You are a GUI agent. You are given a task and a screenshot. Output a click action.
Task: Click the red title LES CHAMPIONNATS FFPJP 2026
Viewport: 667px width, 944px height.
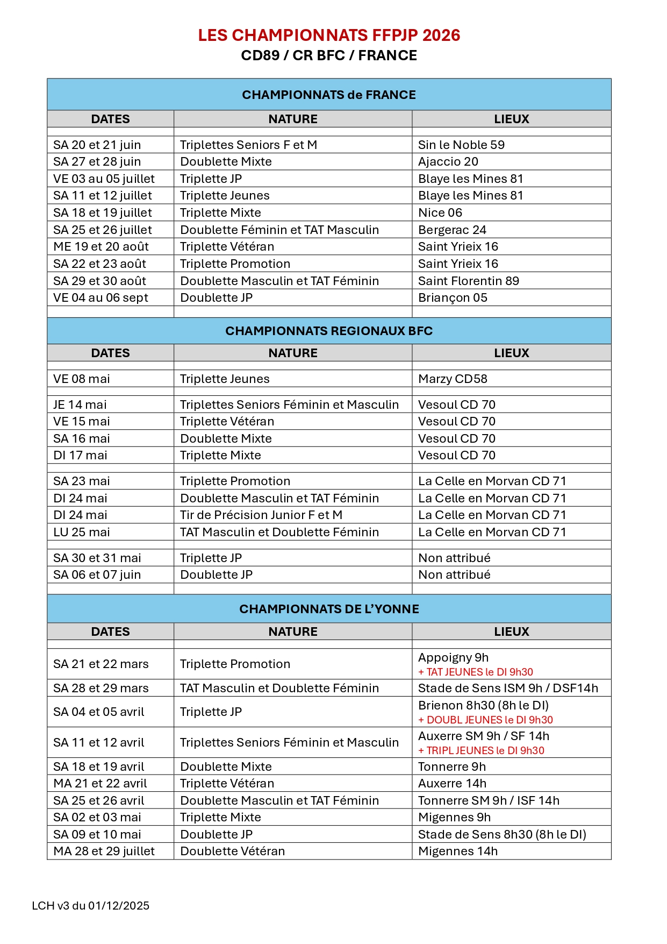329,36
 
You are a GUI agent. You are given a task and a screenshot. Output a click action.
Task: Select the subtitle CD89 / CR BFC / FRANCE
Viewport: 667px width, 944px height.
329,55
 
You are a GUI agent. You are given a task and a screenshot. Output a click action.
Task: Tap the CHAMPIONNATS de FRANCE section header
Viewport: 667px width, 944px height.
329,95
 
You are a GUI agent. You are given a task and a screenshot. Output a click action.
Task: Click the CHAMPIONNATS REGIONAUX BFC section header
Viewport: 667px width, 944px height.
329,331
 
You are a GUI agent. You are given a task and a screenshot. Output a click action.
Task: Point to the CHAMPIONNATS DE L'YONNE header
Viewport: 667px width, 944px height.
329,609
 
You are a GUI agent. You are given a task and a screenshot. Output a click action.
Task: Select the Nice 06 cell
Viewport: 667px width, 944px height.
440,212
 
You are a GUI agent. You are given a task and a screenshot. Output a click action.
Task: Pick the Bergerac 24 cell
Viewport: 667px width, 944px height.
452,230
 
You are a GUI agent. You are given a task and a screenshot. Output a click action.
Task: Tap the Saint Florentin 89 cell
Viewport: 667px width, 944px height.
469,281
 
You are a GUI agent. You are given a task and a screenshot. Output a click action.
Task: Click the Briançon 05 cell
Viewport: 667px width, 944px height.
453,297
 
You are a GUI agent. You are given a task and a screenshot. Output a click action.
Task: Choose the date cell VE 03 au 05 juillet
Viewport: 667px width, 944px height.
104,179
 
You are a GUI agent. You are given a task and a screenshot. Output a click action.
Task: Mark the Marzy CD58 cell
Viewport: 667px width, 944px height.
453,379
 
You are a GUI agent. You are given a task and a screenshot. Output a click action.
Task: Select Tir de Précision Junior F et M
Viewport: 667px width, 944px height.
261,515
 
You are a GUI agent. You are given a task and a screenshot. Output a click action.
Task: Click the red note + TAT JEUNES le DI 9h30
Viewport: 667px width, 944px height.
476,672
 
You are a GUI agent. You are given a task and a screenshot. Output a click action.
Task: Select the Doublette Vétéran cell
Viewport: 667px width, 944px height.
233,851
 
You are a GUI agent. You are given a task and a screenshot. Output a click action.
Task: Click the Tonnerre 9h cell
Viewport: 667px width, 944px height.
452,766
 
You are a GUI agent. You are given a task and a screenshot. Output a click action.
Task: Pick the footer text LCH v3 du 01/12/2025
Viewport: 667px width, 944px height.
91,905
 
